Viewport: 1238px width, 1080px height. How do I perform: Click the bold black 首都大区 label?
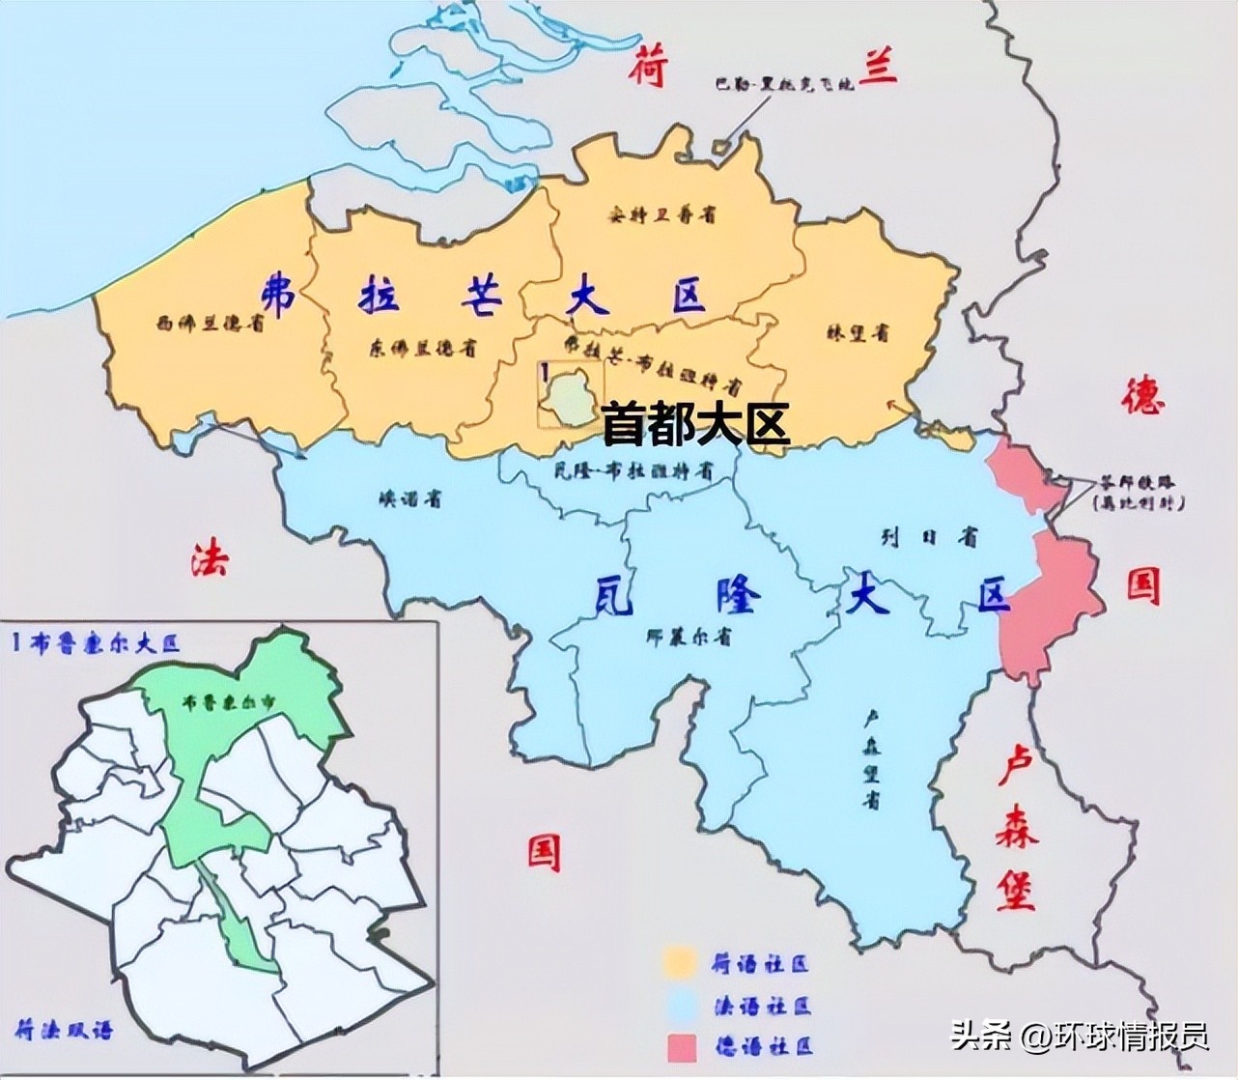click(x=695, y=424)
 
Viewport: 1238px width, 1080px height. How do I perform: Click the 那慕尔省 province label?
click(x=688, y=637)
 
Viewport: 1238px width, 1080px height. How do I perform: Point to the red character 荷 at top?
click(x=649, y=71)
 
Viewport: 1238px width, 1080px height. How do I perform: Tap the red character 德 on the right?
click(x=1143, y=397)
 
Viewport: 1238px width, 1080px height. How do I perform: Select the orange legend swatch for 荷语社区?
click(x=680, y=963)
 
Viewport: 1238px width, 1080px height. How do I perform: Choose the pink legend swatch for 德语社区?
click(x=680, y=1046)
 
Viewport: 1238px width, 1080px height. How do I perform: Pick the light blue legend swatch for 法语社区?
click(x=680, y=1006)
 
